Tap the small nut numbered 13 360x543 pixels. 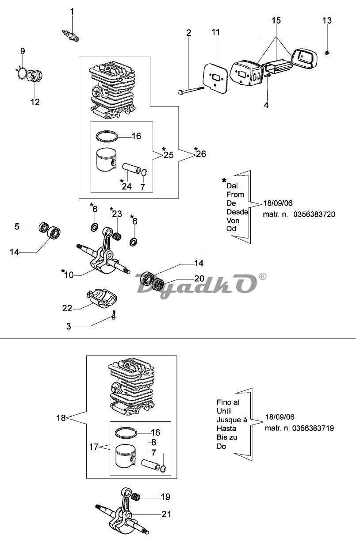tap(327, 53)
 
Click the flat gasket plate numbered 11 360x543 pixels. tap(215, 78)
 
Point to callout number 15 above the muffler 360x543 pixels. tap(276, 20)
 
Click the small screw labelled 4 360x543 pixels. tap(267, 76)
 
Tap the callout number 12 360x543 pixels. tap(34, 102)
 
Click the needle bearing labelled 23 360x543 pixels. tap(117, 235)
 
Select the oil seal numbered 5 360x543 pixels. tap(44, 227)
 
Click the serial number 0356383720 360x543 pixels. tap(314, 214)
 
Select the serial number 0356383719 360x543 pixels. tap(313, 428)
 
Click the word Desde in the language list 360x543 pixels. tap(237, 212)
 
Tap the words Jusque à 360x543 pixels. tap(232, 420)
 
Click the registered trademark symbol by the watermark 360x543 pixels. tap(263, 276)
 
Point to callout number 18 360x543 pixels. tap(61, 418)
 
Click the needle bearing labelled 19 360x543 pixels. tap(136, 496)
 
